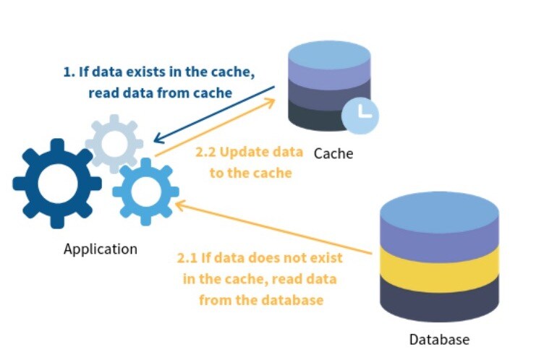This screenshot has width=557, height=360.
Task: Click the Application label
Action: click(100, 249)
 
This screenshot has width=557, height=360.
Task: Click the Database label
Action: click(439, 340)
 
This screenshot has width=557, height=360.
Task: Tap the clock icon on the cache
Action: click(360, 116)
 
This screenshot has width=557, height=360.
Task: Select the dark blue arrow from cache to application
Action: click(217, 113)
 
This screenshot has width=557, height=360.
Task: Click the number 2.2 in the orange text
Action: click(207, 153)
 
